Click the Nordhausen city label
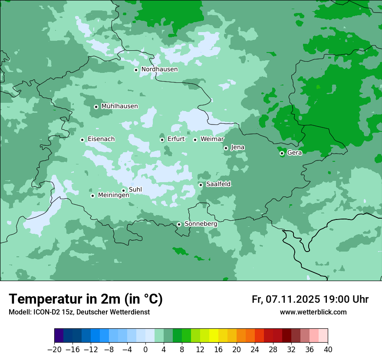click(x=159, y=69)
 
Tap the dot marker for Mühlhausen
click(x=96, y=107)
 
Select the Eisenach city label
click(x=101, y=139)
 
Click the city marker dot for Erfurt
click(x=162, y=140)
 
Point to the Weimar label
click(x=212, y=139)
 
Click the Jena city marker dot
click(x=226, y=148)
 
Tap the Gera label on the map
click(x=294, y=153)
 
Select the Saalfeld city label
click(x=218, y=184)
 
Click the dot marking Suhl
click(x=124, y=190)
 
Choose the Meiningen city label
click(x=113, y=195)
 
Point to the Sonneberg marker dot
click(x=179, y=224)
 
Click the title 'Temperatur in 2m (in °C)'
click(x=86, y=299)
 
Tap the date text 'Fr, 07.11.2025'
click(x=286, y=299)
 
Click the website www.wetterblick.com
click(x=313, y=312)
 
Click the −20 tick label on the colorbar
click(x=54, y=350)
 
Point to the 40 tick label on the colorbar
click(x=328, y=350)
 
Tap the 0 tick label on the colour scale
click(x=145, y=350)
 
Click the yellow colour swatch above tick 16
click(x=214, y=335)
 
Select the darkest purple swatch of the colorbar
click(x=59, y=335)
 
